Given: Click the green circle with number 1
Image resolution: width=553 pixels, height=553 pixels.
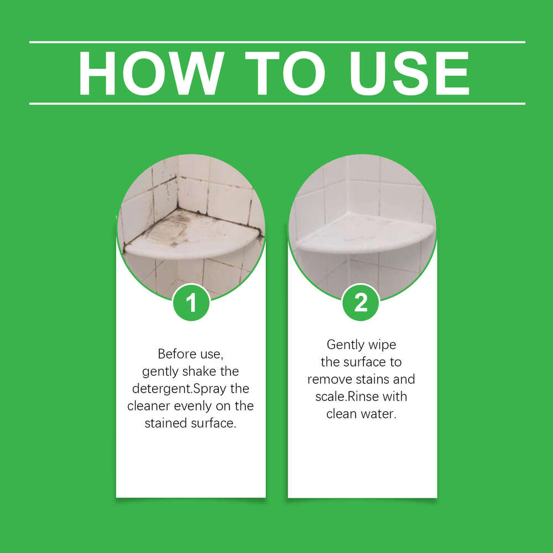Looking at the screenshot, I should [x=191, y=302].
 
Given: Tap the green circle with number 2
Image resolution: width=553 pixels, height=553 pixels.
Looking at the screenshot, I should [x=361, y=302].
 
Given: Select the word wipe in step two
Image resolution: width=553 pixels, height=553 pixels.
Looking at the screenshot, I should [x=383, y=345].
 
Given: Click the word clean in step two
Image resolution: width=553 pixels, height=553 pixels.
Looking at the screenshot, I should [x=342, y=414].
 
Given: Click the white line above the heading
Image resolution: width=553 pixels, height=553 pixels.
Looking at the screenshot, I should [x=276, y=42].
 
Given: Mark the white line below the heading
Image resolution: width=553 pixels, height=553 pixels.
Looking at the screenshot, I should [x=276, y=103].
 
